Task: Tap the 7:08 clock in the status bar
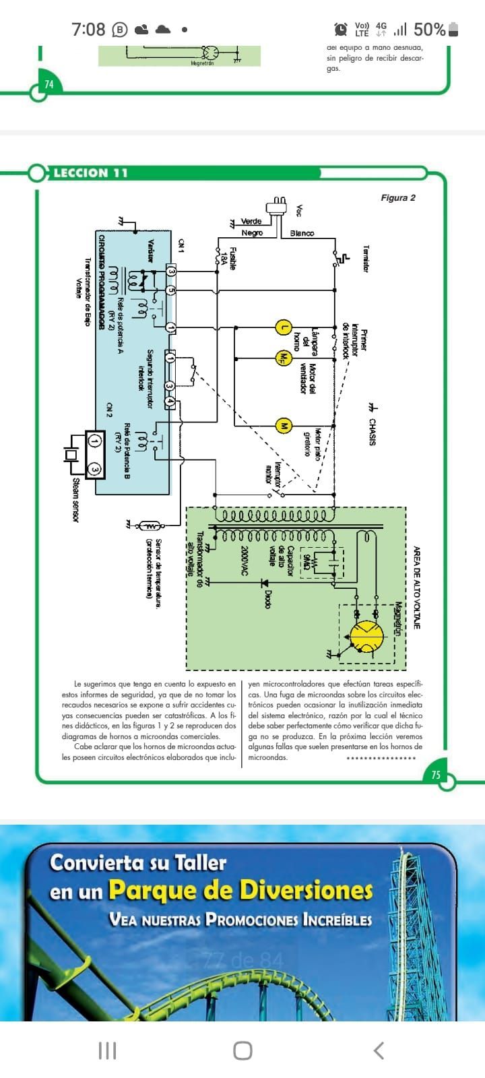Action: (88, 29)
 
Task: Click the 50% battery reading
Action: (429, 29)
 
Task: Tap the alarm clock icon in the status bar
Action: (341, 29)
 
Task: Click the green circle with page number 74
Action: (48, 84)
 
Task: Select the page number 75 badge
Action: (437, 775)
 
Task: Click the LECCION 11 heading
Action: (90, 173)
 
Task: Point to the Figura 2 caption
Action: (398, 197)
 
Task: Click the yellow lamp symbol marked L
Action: (284, 328)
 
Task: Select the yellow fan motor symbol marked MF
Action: (283, 358)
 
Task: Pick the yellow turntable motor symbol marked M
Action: (284, 426)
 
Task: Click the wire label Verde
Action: (251, 221)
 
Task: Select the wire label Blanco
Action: (302, 233)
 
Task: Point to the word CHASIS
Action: (372, 432)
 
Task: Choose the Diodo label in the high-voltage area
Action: (267, 599)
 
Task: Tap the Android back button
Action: (379, 1050)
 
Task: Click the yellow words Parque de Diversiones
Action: (240, 891)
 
